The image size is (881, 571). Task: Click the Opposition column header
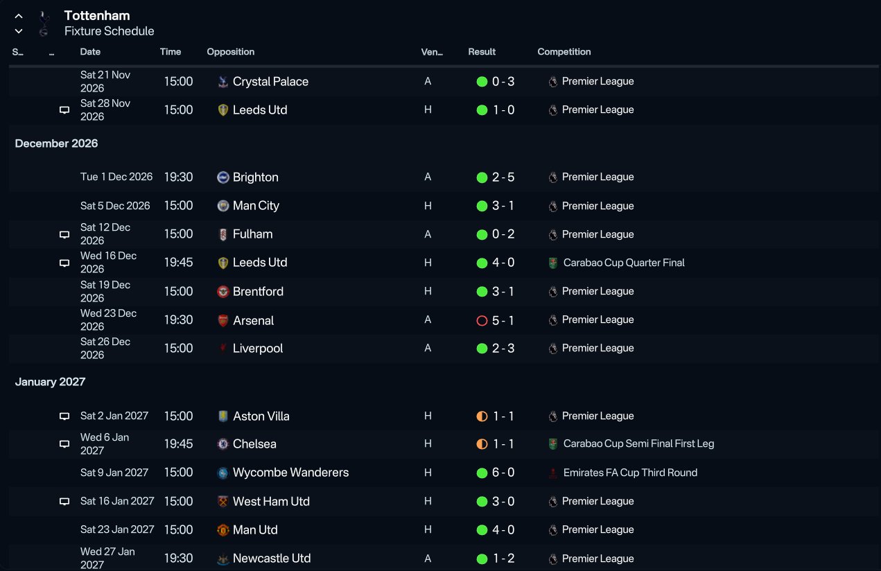tap(231, 52)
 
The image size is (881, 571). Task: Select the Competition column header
tap(564, 52)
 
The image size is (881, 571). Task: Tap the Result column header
tap(482, 52)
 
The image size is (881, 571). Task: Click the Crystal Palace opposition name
tap(270, 81)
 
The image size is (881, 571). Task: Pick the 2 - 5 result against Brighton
tap(503, 177)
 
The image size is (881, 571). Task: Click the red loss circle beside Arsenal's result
tap(482, 321)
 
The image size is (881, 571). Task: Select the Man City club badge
tap(223, 206)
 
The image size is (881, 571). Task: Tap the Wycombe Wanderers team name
tap(290, 473)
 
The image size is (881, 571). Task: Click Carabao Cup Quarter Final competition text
tap(624, 263)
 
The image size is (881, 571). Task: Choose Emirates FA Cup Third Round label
tap(630, 473)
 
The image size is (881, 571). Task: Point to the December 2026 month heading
tap(56, 143)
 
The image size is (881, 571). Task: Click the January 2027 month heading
tap(50, 382)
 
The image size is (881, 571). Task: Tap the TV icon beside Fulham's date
tap(64, 234)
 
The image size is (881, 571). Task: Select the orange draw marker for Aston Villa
tap(482, 416)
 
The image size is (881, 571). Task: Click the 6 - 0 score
tap(503, 473)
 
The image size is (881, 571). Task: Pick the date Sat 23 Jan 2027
tap(117, 529)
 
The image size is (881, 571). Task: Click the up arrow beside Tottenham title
tap(19, 16)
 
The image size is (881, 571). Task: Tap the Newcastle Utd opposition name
tap(272, 558)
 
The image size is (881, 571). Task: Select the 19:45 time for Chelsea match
tap(179, 443)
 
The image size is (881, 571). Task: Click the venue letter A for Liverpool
tap(428, 348)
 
